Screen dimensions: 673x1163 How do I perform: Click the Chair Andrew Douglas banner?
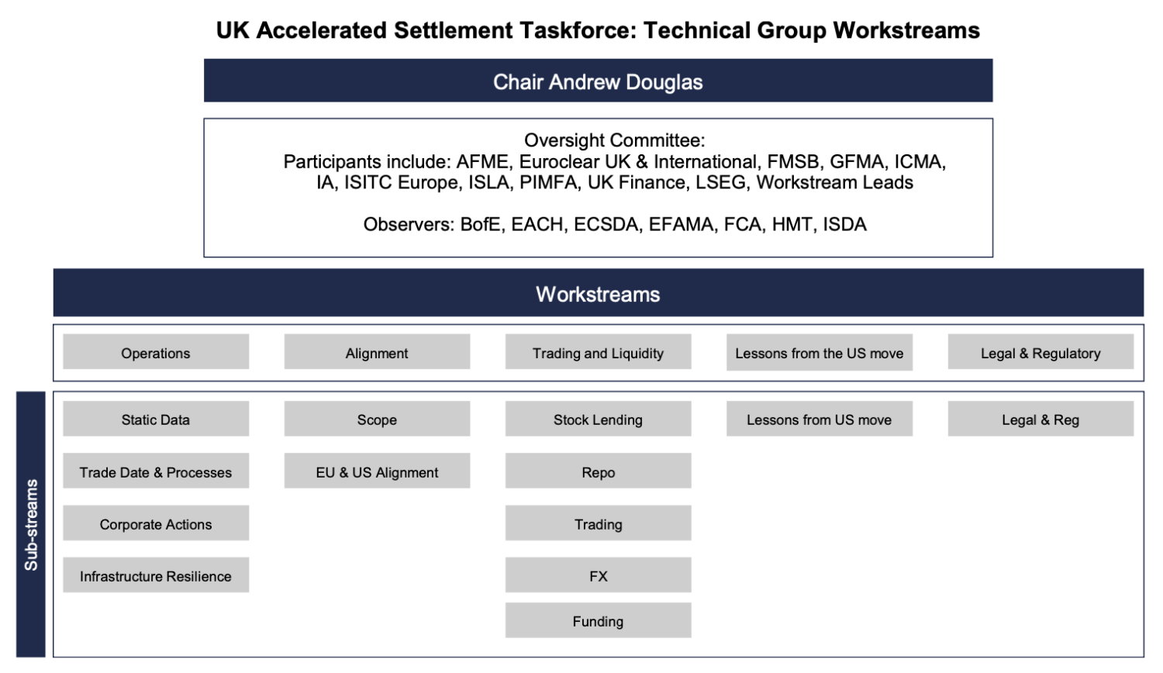[x=598, y=81]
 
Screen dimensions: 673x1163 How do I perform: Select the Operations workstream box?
[x=155, y=352]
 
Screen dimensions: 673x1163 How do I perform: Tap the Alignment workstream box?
[x=377, y=352]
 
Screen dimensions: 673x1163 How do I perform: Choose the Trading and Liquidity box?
[x=598, y=352]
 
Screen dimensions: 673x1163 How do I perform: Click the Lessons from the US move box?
[x=819, y=352]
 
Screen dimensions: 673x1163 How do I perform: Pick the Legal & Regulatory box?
[x=1040, y=352]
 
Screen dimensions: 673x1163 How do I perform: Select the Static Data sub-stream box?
[x=155, y=419]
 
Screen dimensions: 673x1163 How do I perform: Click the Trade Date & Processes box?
[x=155, y=471]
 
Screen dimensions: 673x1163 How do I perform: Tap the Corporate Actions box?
[x=155, y=523]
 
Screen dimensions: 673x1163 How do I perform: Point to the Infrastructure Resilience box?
[x=155, y=575]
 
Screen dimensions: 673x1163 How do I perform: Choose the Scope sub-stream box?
[x=377, y=419]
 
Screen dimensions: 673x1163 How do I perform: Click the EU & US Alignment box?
[x=377, y=471]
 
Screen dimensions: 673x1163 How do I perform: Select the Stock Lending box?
[x=598, y=419]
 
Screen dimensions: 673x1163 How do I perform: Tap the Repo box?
[x=598, y=471]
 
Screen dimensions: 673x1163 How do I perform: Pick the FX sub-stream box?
[x=598, y=575]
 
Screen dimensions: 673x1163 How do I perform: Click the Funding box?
[x=598, y=620]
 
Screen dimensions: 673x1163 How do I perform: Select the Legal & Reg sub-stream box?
[x=1040, y=419]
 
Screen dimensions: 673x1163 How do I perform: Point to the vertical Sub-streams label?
[x=31, y=525]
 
